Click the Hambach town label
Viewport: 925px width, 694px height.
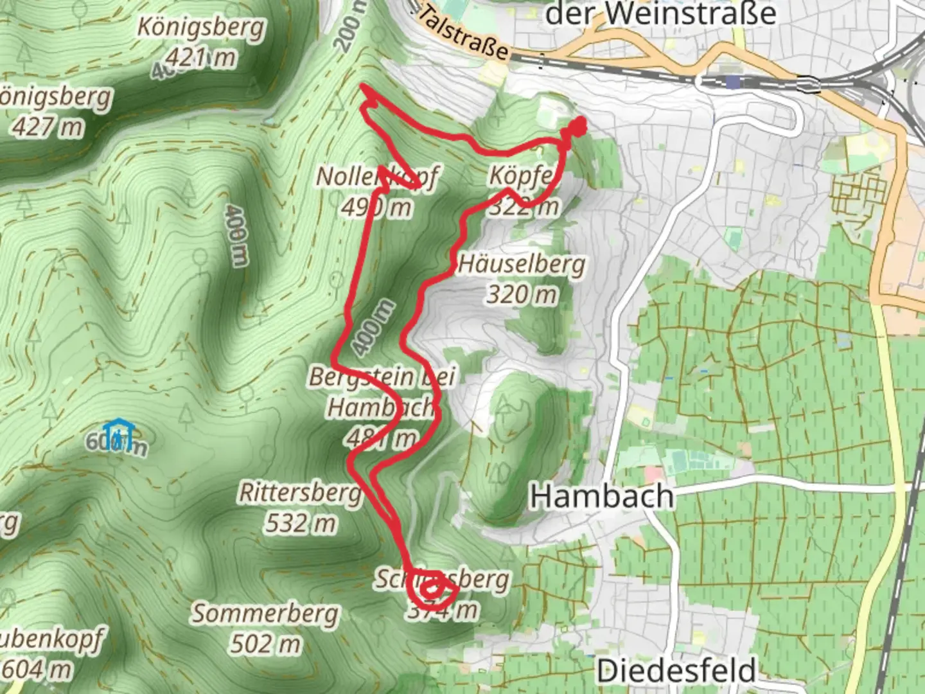[x=602, y=497]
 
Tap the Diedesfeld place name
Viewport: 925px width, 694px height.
[x=676, y=671]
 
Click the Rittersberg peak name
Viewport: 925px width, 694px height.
[x=300, y=493]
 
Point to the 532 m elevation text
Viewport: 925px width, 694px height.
[x=301, y=523]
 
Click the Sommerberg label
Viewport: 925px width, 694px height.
[x=265, y=613]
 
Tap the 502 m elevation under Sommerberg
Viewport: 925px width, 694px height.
[x=265, y=643]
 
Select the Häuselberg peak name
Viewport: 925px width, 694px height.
[x=522, y=264]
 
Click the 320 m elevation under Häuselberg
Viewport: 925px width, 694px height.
[x=522, y=294]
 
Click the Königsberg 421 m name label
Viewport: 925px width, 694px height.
[x=200, y=28]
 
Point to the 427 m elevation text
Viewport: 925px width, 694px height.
[x=48, y=127]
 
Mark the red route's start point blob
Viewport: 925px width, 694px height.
[x=576, y=127]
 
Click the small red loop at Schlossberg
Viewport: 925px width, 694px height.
[x=432, y=589]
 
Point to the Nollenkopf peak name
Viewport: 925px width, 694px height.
[x=378, y=176]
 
